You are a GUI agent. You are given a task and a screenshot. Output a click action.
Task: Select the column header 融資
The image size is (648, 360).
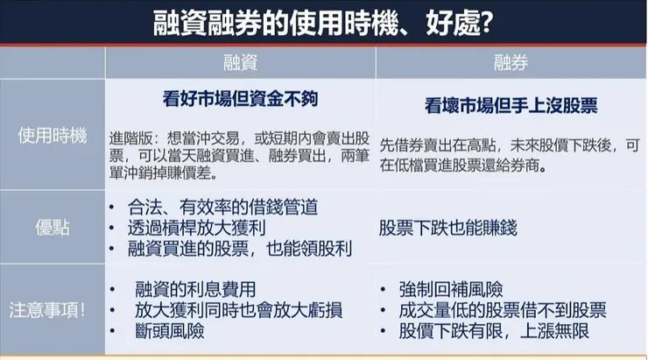pyautogui.click(x=240, y=62)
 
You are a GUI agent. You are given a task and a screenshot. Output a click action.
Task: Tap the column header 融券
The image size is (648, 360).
pyautogui.click(x=511, y=62)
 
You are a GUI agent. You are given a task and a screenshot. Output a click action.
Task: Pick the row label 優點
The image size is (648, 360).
pyautogui.click(x=53, y=228)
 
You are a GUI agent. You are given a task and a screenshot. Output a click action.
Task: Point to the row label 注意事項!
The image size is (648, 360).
pyautogui.click(x=53, y=310)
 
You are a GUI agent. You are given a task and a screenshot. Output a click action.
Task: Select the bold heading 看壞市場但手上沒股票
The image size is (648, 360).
pyautogui.click(x=511, y=105)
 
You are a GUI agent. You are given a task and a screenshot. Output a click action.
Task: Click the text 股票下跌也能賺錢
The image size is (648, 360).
pyautogui.click(x=448, y=228)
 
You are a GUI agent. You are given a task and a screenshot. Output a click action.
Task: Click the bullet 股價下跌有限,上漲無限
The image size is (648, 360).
pyautogui.click(x=494, y=331)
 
